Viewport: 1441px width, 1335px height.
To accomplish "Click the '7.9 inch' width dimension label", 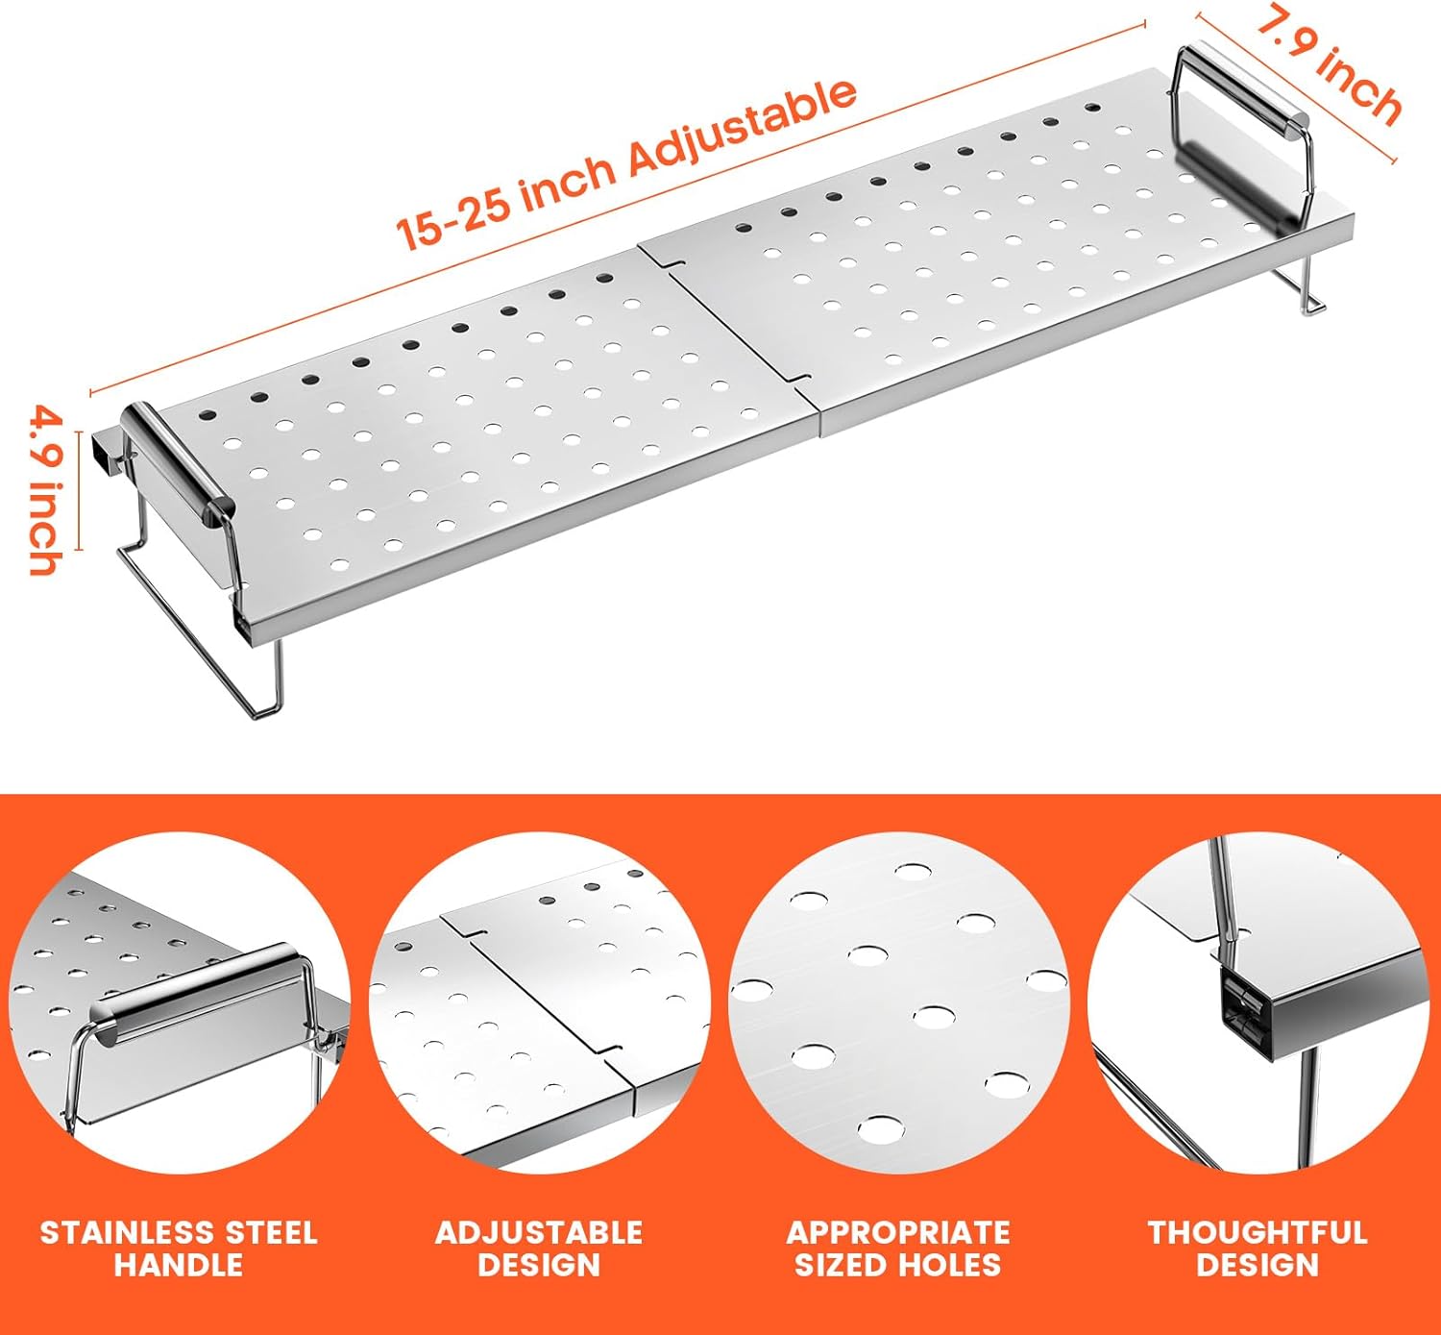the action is coord(1329,69).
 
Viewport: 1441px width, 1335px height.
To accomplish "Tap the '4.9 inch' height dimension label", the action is coord(46,491).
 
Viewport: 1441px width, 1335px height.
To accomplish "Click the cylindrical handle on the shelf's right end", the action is coord(1243,90).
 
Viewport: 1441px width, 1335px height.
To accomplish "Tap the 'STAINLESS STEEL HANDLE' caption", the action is coord(179,1248).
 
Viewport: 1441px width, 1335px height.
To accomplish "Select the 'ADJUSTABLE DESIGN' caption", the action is coord(539,1248).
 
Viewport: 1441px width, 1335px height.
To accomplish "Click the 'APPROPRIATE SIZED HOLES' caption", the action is coord(898,1248).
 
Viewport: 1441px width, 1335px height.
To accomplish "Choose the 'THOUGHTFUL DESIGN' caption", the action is coord(1258,1248).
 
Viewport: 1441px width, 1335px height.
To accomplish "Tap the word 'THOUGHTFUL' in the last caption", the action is coord(1258,1233).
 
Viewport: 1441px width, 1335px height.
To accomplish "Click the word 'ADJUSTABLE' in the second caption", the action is coord(539,1233).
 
